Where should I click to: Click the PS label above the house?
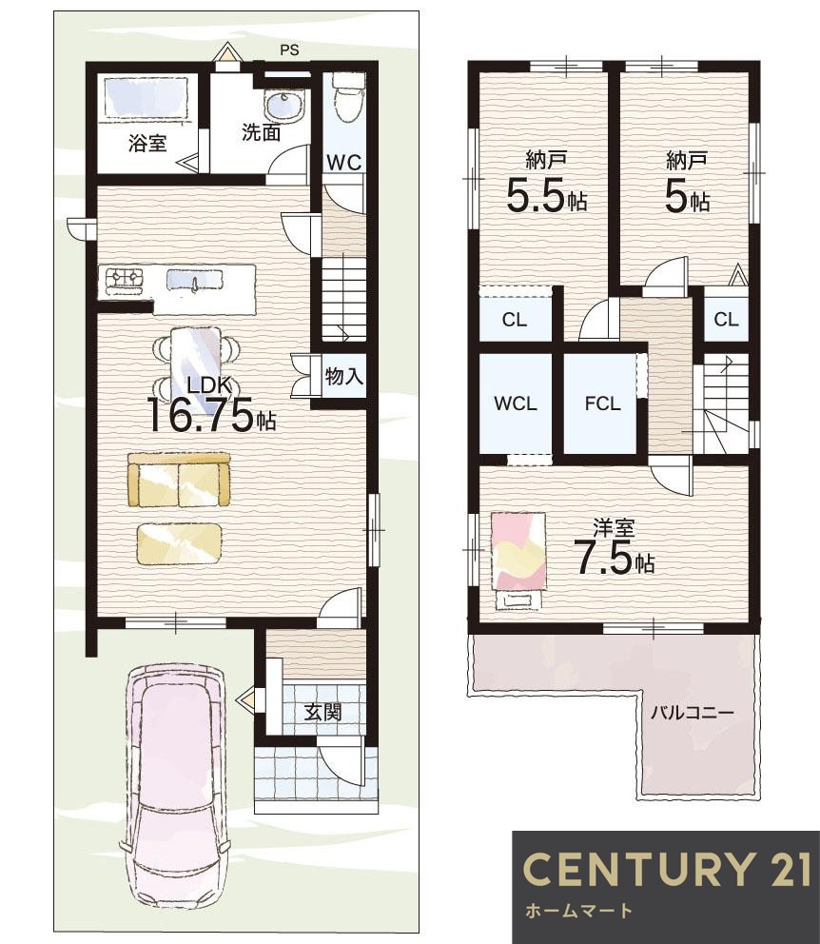[x=289, y=50]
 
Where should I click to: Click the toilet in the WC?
[x=348, y=97]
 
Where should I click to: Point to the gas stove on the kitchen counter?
[x=126, y=281]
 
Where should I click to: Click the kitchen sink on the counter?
[x=194, y=281]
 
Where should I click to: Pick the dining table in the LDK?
[x=196, y=371]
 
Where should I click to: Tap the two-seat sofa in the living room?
[x=179, y=480]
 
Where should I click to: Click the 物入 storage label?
[x=344, y=377]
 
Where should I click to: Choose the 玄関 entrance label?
[x=323, y=713]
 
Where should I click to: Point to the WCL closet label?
[x=516, y=403]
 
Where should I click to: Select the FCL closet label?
[x=602, y=403]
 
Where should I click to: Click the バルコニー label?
[x=693, y=714]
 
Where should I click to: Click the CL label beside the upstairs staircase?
[x=726, y=319]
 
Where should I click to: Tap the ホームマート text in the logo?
[x=578, y=911]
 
